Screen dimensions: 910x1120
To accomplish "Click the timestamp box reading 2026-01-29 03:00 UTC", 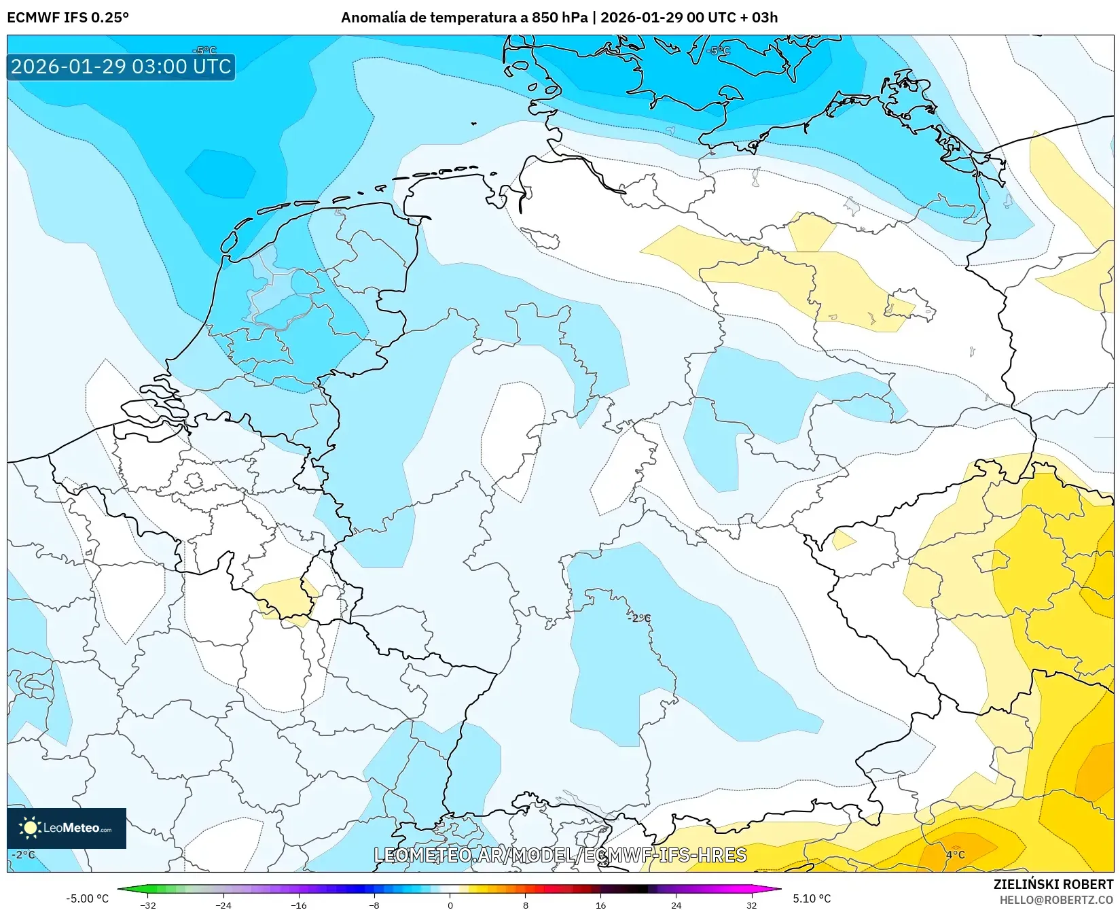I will pos(121,67).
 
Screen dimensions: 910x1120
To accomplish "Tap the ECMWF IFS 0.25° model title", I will pos(68,17).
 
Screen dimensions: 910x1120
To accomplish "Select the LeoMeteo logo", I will pos(67,828).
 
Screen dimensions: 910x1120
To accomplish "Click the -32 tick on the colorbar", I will pos(148,905).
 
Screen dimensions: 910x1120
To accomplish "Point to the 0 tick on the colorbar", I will pos(450,905).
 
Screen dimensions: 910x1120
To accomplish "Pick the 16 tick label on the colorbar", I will pos(600,905).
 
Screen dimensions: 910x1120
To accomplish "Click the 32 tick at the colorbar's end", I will pos(751,905).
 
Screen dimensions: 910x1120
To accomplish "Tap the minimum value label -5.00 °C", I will pos(87,898).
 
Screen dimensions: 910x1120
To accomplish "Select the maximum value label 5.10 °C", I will pos(812,898).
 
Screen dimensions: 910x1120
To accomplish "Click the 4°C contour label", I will pos(955,854).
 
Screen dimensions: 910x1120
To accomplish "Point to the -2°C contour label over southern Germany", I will pos(639,618).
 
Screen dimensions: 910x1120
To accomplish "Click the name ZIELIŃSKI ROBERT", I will pos(1053,884).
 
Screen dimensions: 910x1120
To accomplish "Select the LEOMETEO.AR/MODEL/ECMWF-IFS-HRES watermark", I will pos(560,855).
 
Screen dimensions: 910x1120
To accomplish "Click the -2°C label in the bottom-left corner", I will pos(23,854).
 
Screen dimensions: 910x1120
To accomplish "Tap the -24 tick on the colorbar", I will pos(223,905).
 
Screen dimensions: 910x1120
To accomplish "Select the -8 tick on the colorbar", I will pos(374,905).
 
